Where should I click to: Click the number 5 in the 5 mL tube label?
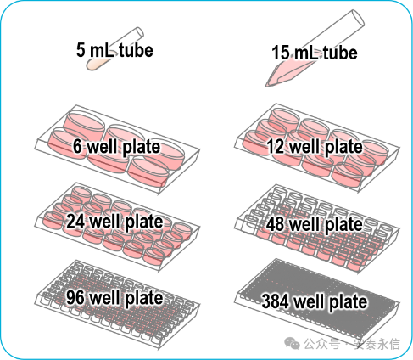coord(81,50)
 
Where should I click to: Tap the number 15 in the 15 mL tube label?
coord(281,53)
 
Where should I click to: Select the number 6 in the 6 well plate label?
coord(77,146)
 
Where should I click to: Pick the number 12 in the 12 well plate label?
coord(276,146)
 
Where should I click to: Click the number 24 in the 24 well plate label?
coord(75,221)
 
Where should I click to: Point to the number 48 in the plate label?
coord(275,224)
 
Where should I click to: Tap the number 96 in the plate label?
coord(75,297)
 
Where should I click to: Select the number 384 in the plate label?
coord(276,301)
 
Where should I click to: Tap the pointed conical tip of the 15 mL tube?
coord(267,84)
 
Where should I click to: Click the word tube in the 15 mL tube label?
coord(340,53)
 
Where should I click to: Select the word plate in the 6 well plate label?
coord(142,147)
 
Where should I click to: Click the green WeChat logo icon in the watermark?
coord(292,343)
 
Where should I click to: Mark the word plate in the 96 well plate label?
coord(144,298)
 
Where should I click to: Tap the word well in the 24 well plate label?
coord(104,221)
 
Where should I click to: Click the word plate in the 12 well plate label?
coord(343,148)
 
